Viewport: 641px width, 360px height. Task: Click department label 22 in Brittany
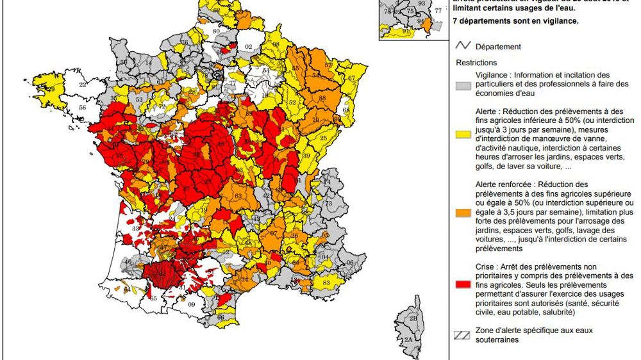point(83,84)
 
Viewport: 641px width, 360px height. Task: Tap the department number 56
point(82,108)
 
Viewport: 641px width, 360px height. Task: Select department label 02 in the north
point(249,46)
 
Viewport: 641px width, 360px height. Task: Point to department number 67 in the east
point(351,78)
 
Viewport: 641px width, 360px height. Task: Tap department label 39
point(306,156)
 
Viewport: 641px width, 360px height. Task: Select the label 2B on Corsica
point(412,317)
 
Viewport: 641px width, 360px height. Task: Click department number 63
point(238,196)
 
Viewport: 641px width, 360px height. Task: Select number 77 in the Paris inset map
point(438,10)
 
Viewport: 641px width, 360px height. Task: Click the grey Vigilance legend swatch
point(463,85)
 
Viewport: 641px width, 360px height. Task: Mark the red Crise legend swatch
point(463,282)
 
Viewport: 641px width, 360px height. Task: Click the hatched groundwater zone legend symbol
point(463,332)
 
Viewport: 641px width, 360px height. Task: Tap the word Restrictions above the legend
point(476,63)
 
